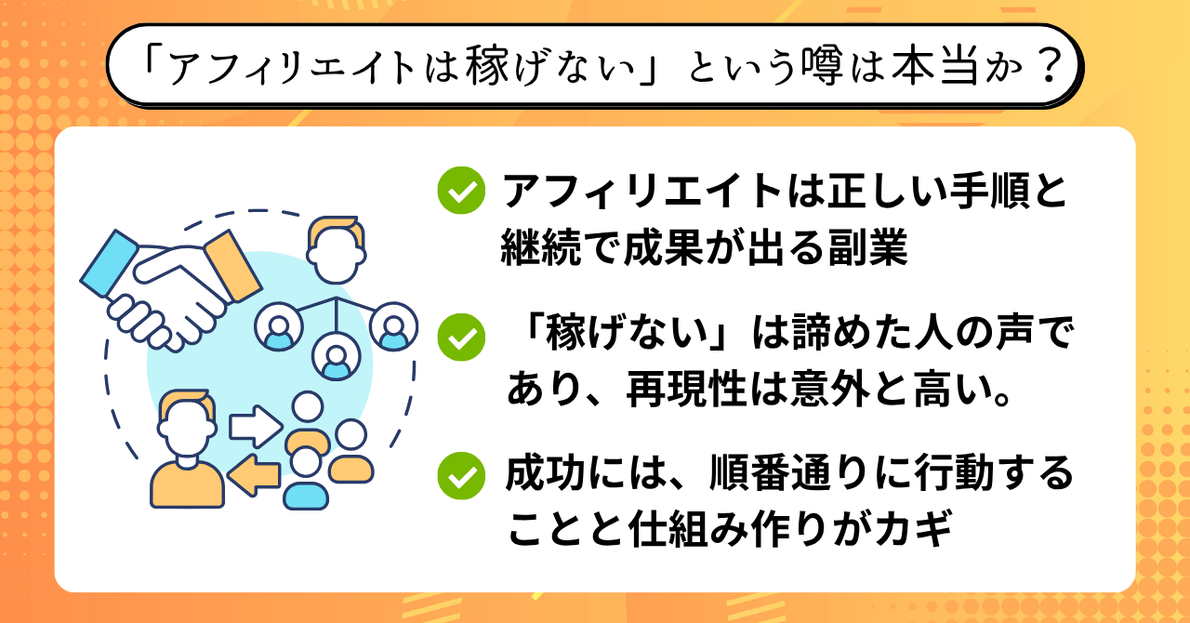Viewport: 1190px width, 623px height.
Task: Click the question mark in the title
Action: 1049,66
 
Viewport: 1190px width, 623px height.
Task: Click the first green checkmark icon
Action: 461,191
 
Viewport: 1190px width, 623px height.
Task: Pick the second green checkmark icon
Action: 461,337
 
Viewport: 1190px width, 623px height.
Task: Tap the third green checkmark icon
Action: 461,476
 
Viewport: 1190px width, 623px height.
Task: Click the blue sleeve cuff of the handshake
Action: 109,263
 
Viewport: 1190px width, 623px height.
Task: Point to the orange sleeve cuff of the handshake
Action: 233,265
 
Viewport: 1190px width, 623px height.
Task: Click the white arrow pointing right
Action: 256,426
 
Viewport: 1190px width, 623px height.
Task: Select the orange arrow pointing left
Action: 254,475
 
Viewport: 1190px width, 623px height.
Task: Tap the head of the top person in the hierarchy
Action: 336,249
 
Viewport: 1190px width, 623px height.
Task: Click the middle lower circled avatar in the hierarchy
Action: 336,357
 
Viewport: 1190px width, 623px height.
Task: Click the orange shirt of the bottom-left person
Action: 187,484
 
